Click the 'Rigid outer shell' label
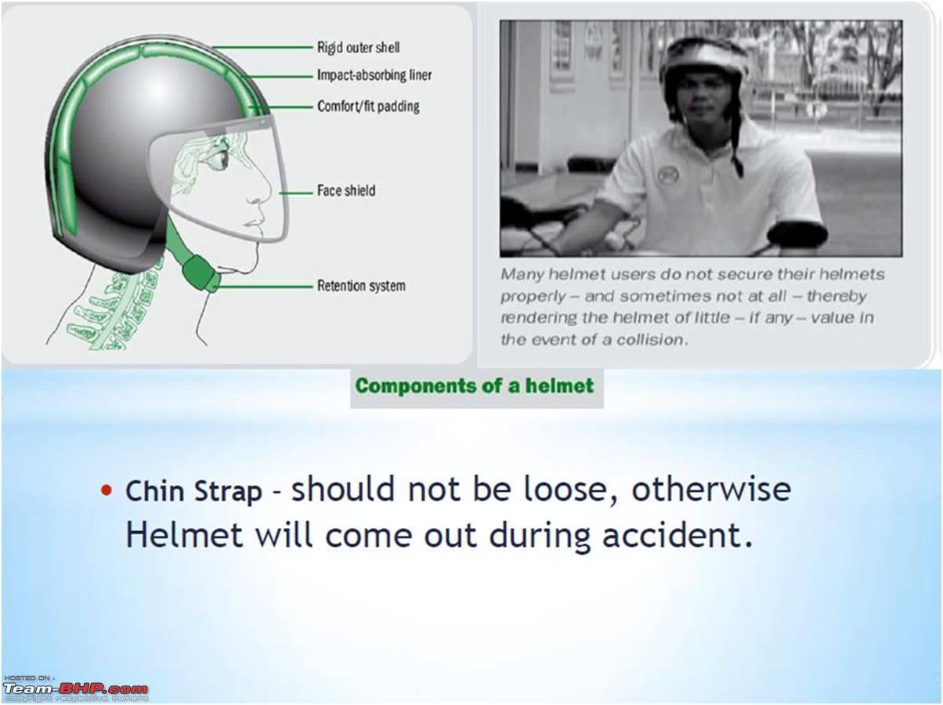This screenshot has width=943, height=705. pos(358,47)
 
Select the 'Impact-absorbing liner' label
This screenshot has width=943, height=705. pos(374,75)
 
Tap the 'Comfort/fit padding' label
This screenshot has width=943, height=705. pos(368,106)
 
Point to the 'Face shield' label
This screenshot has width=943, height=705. pos(346,190)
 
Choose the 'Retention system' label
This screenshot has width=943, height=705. pos(361,286)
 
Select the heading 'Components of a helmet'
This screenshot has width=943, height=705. pos(475,386)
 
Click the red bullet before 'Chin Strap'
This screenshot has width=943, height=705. pos(107,490)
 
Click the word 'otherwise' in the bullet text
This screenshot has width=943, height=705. pos(711,489)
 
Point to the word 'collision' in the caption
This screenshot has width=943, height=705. pos(649,340)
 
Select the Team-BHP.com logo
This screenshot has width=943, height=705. pos(76,690)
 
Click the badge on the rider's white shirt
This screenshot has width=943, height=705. pos(668,175)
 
